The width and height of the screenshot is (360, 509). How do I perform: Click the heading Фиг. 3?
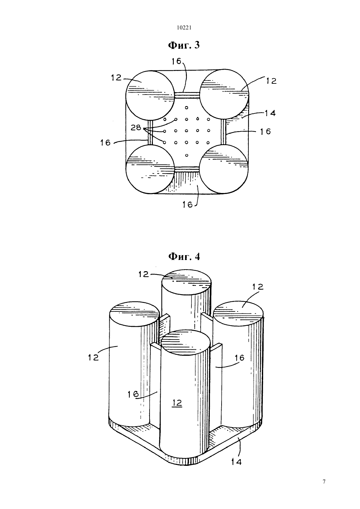click(184, 45)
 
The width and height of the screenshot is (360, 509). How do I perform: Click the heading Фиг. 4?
click(184, 256)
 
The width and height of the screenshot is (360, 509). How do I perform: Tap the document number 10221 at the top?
click(184, 28)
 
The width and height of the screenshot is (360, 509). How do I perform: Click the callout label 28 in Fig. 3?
click(136, 128)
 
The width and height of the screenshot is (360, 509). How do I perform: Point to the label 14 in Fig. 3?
click(270, 113)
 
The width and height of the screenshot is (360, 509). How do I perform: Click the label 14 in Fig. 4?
click(236, 462)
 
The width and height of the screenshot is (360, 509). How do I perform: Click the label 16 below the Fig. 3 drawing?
click(188, 205)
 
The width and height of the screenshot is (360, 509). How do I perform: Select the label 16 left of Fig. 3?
click(106, 143)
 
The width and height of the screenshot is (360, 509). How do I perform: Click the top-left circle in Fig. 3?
click(151, 95)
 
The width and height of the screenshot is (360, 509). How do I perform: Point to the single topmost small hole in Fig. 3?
click(187, 108)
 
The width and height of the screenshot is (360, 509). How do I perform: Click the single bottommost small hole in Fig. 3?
click(187, 155)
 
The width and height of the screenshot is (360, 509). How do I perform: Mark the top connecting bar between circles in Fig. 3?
click(187, 95)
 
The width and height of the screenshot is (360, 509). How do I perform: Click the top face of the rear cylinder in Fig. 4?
click(186, 282)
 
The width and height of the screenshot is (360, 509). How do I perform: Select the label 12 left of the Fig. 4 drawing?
click(94, 357)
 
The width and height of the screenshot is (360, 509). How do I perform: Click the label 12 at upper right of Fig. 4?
click(258, 287)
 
